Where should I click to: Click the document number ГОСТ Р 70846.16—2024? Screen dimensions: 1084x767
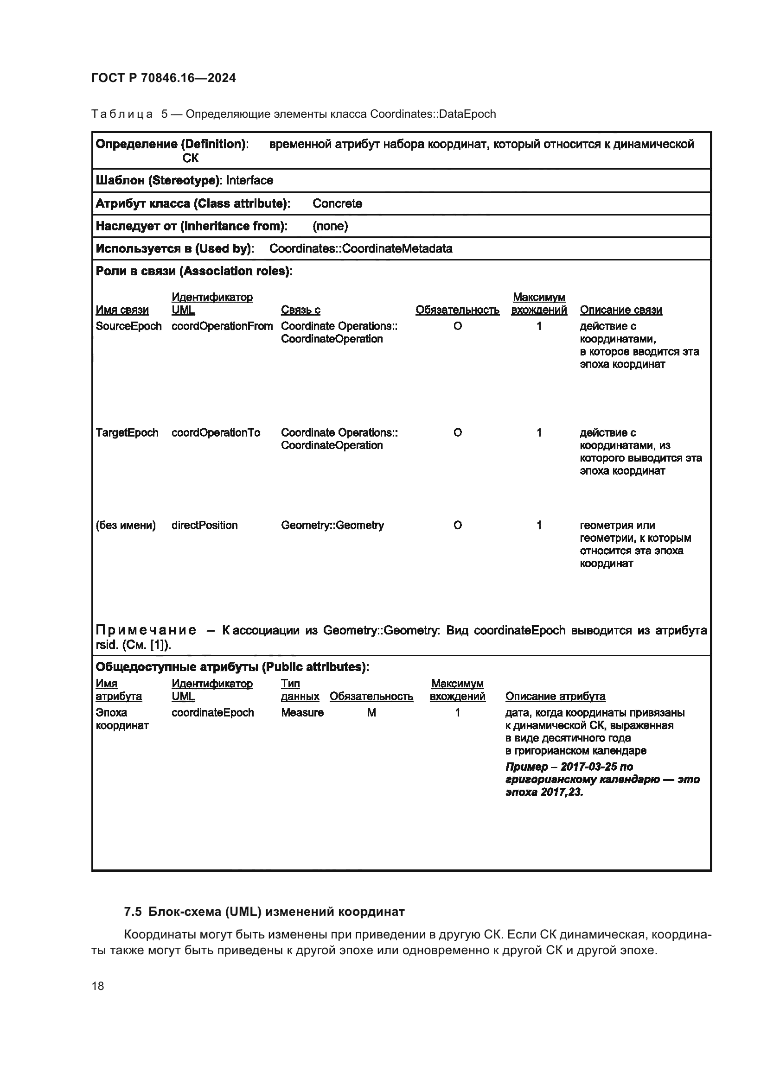coord(163,78)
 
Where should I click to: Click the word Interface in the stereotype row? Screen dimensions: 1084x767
coord(249,180)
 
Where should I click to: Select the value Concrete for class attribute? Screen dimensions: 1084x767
coord(337,203)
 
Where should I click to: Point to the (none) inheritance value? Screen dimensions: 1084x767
coord(330,226)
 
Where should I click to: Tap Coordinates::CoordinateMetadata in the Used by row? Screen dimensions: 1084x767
coord(360,249)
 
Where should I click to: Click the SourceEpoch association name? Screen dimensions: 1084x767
coord(128,326)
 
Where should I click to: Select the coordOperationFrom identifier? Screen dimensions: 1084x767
coord(222,326)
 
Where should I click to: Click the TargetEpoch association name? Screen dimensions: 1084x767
coord(127,433)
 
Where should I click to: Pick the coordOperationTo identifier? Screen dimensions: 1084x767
coord(215,433)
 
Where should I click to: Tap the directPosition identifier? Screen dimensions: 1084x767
coord(205,526)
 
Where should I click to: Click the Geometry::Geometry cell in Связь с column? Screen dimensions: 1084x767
coord(332,526)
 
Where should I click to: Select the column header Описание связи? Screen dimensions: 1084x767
coord(620,310)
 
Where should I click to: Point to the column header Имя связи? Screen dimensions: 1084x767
coord(122,310)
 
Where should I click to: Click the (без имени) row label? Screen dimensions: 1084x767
coord(126,526)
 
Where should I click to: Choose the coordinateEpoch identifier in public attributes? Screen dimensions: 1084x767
coord(212,713)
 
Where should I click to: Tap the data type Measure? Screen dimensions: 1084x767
coord(302,713)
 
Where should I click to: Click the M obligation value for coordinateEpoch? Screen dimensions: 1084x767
coord(371,713)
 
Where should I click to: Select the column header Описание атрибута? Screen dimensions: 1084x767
coord(555,697)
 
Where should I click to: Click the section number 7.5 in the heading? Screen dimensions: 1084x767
coord(133,912)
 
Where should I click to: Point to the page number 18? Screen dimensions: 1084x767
coord(98,986)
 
